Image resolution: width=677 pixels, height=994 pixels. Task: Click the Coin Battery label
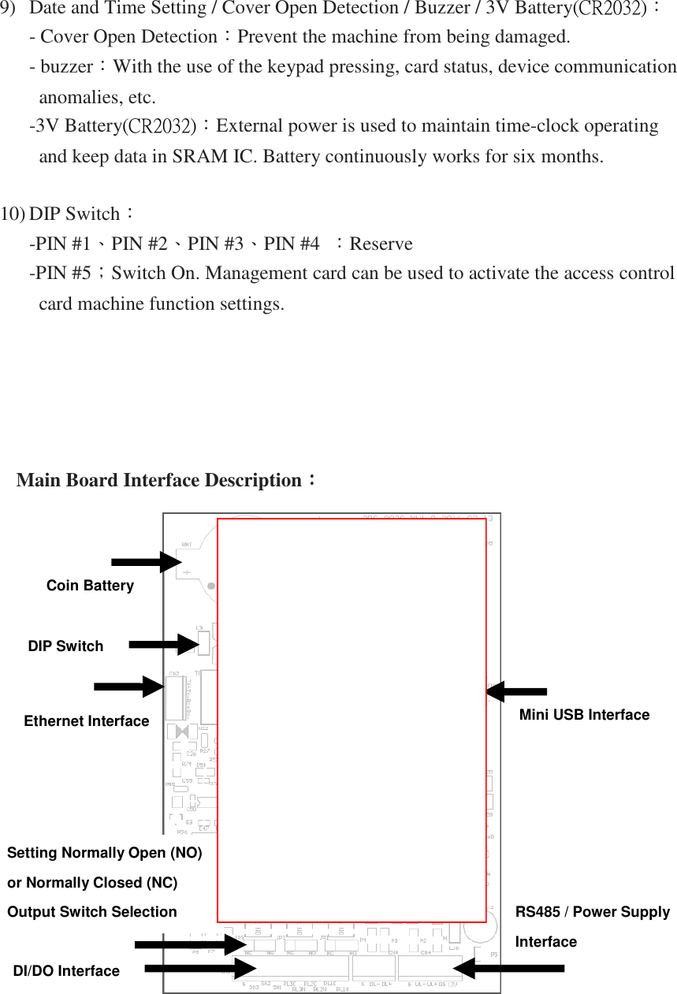[x=90, y=586]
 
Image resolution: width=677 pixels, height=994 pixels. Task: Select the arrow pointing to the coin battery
[x=147, y=562]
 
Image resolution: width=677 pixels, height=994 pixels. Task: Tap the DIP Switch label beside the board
[x=65, y=646]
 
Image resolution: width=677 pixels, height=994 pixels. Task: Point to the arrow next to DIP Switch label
[x=163, y=645]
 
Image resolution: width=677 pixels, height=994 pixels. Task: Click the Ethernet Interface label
[x=87, y=721]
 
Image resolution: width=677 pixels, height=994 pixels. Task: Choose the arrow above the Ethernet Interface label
[x=129, y=687]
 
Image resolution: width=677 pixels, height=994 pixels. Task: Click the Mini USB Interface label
[x=584, y=715]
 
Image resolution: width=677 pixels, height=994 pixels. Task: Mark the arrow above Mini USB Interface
[x=516, y=692]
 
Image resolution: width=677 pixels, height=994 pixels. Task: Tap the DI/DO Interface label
[x=66, y=971]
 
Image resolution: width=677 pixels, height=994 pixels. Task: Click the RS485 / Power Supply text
[x=592, y=912]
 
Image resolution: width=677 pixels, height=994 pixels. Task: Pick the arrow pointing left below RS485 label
[x=508, y=968]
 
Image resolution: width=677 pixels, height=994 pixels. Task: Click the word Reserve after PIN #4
[x=381, y=244]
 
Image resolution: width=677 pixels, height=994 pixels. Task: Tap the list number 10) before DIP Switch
[x=13, y=214]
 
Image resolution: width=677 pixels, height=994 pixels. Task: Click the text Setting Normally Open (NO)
[x=104, y=853]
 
